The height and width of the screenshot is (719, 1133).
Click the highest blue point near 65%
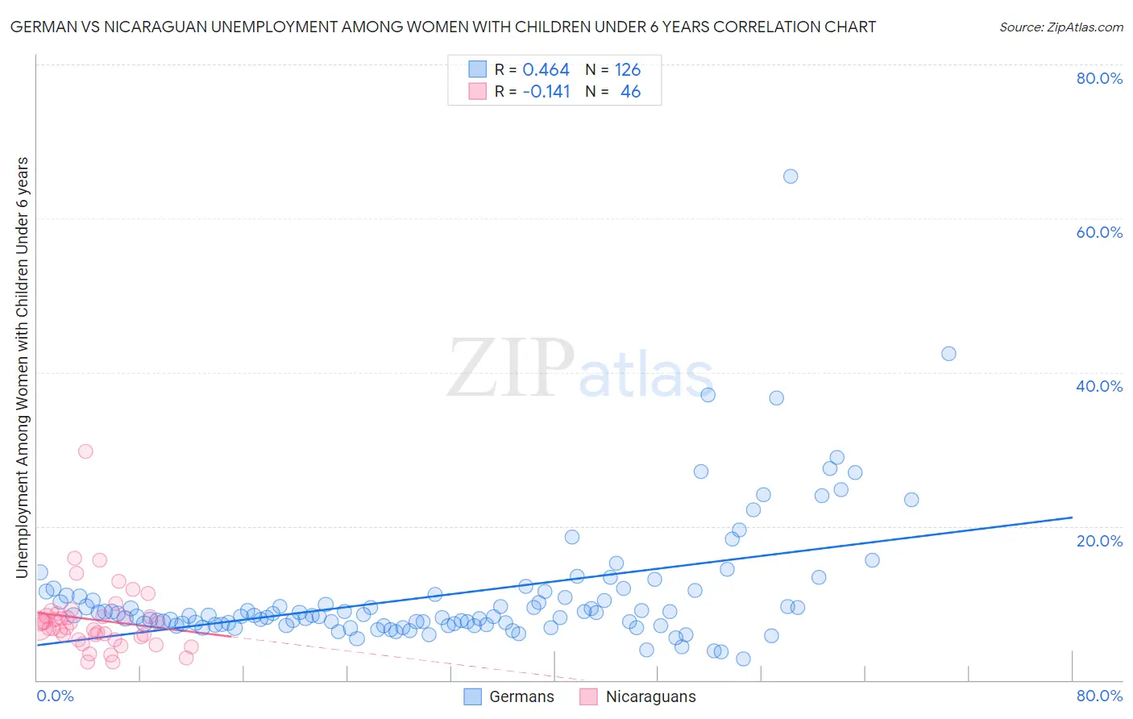point(791,177)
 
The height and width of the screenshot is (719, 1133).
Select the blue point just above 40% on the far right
point(948,354)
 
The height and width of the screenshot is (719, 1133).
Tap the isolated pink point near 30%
point(85,451)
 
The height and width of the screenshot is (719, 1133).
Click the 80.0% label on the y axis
point(1099,78)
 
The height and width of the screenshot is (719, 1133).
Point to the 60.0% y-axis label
point(1099,232)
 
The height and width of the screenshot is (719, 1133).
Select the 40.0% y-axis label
point(1099,386)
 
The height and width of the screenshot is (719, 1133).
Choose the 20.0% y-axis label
point(1099,540)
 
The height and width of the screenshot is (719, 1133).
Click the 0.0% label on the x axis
point(55,696)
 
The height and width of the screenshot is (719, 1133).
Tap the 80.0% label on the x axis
point(1099,696)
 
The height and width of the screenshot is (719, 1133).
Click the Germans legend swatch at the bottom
point(473,696)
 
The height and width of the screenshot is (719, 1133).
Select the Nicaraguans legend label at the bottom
point(650,696)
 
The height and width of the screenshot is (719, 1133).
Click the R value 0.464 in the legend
point(546,70)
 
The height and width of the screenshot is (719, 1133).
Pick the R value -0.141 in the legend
point(546,92)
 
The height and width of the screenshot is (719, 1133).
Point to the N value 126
point(628,70)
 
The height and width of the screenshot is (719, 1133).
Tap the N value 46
point(630,92)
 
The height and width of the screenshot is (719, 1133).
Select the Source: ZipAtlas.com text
point(1060,27)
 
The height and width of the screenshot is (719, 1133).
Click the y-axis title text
point(22,367)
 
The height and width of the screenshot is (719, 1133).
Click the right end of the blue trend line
point(1072,517)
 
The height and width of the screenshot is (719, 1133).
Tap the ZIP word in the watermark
point(510,369)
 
